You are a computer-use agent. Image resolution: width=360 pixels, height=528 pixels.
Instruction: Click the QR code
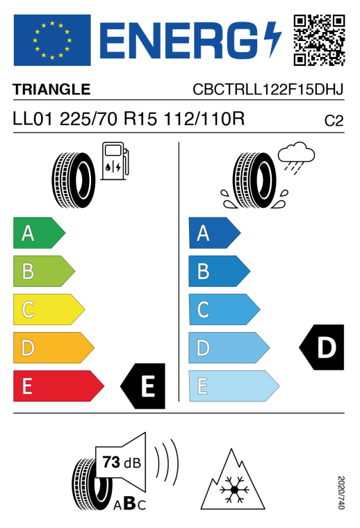click(x=319, y=40)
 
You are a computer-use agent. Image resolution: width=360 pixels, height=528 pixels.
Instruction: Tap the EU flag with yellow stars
click(x=52, y=40)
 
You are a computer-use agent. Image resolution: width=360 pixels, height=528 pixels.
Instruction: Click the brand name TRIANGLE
click(x=51, y=90)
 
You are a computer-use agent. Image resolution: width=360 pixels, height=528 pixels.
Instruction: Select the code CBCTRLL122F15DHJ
click(x=268, y=90)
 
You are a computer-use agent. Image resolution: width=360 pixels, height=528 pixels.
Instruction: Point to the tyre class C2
click(x=334, y=121)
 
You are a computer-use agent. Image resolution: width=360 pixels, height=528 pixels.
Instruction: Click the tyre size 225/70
click(x=88, y=119)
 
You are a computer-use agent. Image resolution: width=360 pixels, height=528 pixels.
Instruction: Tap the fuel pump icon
click(x=115, y=161)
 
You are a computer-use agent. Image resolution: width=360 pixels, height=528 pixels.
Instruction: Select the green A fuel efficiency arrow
click(x=39, y=233)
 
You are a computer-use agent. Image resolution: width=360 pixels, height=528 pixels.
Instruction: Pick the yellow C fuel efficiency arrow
click(x=49, y=309)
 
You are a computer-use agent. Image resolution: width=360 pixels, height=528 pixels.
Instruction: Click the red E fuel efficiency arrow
click(x=58, y=386)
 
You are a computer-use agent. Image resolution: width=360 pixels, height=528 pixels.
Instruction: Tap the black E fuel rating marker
click(x=143, y=386)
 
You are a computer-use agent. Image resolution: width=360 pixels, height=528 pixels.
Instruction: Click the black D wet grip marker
click(x=322, y=347)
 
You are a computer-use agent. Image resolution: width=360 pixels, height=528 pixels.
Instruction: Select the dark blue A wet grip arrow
click(x=215, y=233)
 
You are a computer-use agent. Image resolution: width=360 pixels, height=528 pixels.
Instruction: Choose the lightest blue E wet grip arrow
click(x=234, y=386)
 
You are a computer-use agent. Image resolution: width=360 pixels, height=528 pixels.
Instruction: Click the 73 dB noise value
click(x=122, y=462)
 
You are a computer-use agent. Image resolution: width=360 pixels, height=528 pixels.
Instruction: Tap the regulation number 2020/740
click(x=341, y=493)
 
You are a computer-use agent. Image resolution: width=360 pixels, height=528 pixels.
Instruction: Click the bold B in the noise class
click(x=130, y=504)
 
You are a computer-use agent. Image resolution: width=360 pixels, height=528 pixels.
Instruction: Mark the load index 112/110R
click(x=204, y=119)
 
